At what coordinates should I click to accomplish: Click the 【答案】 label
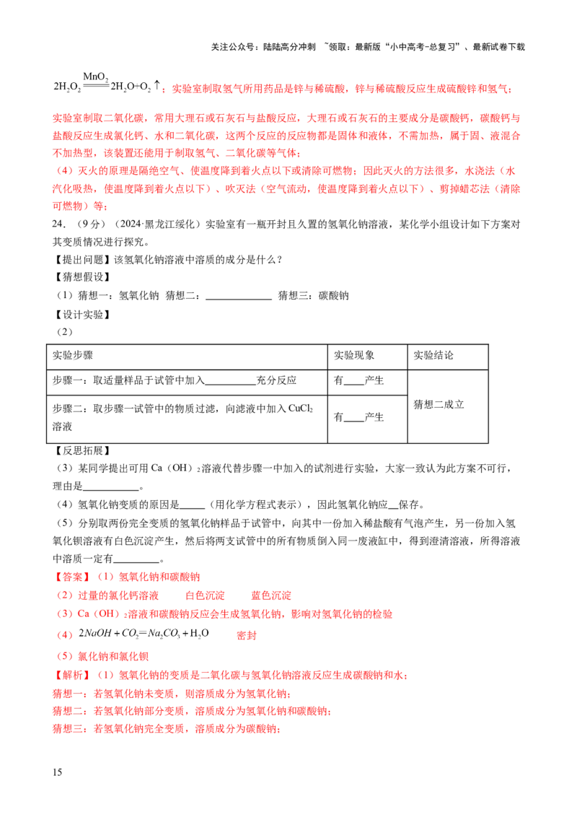(71, 577)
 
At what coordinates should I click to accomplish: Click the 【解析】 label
(71, 676)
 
